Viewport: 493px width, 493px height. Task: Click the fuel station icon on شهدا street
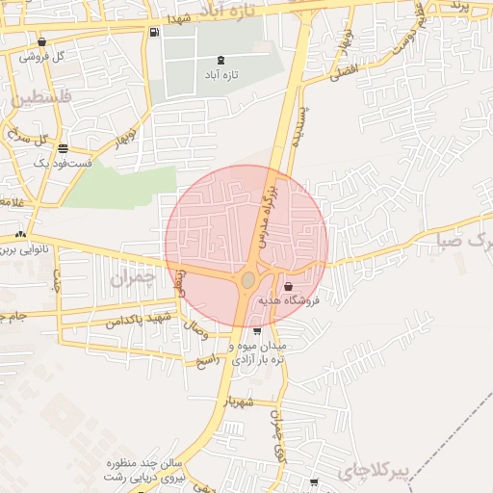154,33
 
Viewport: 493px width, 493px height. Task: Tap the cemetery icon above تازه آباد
222,61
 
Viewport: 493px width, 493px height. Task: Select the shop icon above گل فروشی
42,41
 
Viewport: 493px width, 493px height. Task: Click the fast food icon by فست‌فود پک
63,148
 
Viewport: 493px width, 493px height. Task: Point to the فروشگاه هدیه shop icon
288,286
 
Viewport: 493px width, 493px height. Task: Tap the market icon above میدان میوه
256,330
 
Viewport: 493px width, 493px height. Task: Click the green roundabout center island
248,280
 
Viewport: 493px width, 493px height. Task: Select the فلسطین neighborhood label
42,97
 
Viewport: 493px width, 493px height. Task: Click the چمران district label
132,280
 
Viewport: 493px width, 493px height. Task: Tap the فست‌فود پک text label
62,164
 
